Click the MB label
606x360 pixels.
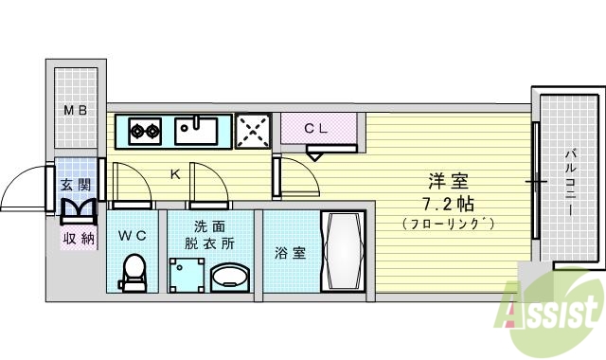point(75,111)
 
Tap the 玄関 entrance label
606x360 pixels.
point(76,185)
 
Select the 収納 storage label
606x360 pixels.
point(78,238)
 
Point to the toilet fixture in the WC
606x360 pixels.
point(133,275)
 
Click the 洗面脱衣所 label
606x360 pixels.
point(209,235)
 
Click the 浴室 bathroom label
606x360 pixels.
point(290,253)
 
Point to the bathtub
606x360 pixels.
point(342,252)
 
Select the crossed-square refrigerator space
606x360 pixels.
point(253,131)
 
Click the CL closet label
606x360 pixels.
point(316,129)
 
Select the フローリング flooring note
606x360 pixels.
point(449,224)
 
